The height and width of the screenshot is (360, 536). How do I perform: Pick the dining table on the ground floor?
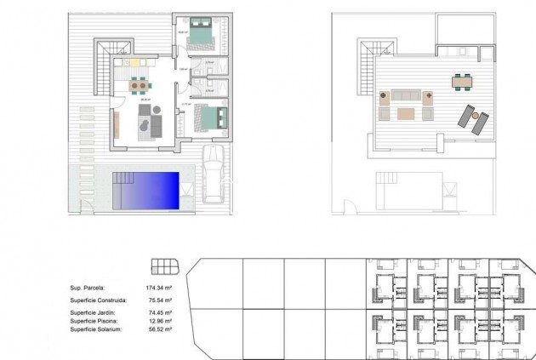point(139,84)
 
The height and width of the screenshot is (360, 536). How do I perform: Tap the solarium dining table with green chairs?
point(461,81)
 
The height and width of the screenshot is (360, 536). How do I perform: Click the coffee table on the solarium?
point(404,112)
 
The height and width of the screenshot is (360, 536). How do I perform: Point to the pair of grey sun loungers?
point(473,117)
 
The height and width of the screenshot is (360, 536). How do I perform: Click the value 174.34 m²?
point(158,289)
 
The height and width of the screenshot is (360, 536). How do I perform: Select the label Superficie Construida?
point(99,300)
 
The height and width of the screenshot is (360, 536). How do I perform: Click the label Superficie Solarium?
point(96,329)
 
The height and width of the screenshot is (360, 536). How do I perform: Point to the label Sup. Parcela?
point(87,289)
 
